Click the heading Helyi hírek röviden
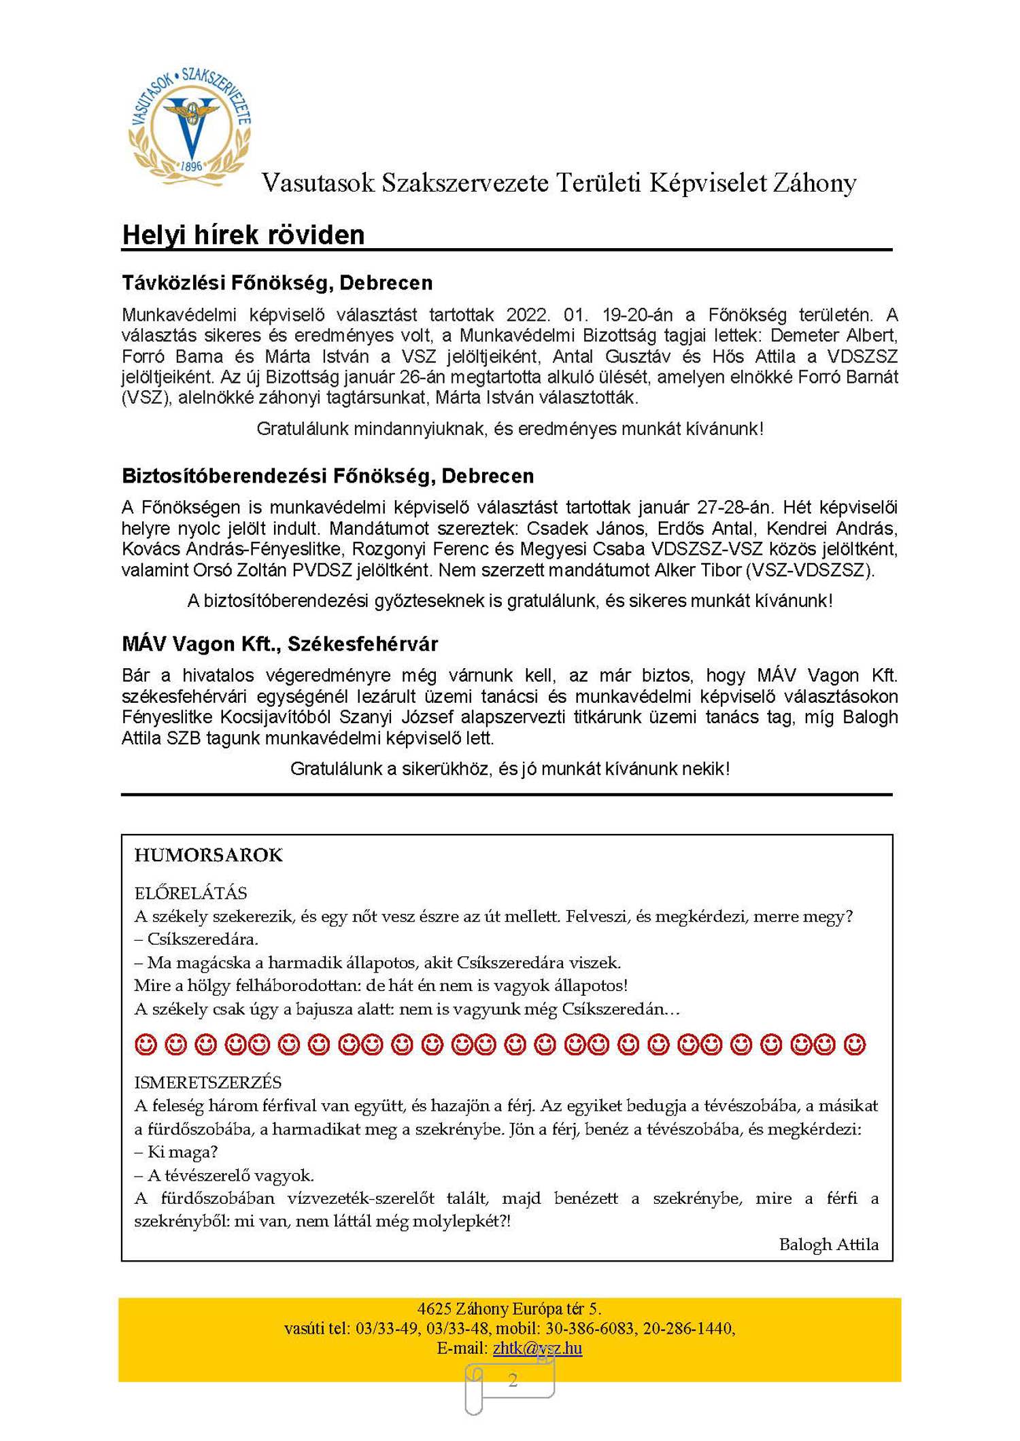(x=243, y=235)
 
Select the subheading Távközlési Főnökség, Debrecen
(x=277, y=283)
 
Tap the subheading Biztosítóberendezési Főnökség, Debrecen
(x=327, y=476)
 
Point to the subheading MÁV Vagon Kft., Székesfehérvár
(x=279, y=644)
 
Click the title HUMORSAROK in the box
(x=208, y=855)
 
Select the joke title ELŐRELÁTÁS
(x=190, y=893)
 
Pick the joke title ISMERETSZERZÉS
(x=207, y=1082)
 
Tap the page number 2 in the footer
(x=513, y=1381)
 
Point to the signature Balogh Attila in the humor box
(x=828, y=1245)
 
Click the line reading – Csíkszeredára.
(x=196, y=939)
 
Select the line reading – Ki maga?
(x=175, y=1152)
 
